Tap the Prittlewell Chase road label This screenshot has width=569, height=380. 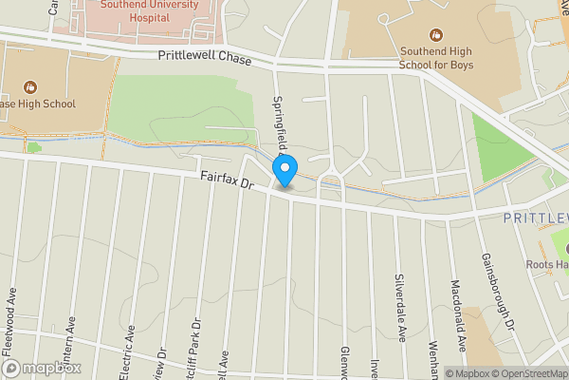tap(206, 59)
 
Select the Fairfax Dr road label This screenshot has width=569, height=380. tap(228, 179)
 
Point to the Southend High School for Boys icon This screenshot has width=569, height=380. tap(435, 34)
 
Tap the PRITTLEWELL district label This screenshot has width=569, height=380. tap(536, 218)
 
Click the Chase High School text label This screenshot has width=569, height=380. tap(38, 104)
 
